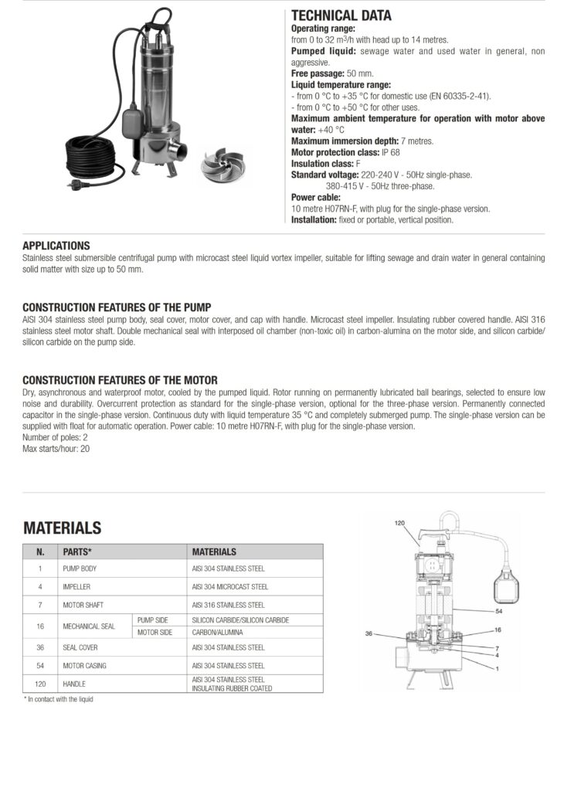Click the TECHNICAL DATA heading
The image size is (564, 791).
click(341, 15)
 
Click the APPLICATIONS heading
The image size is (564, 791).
click(56, 246)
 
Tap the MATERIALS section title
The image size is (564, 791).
click(62, 528)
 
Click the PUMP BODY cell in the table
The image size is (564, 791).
click(80, 569)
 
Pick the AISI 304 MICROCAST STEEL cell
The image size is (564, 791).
click(229, 587)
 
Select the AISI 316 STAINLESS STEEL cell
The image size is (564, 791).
click(228, 605)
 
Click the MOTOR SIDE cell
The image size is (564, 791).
click(155, 633)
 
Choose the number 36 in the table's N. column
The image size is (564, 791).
click(40, 647)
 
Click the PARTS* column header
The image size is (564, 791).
click(77, 552)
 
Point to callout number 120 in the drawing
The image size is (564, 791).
click(399, 523)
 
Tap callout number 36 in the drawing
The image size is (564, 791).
click(370, 633)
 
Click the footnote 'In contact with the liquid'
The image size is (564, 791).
click(59, 699)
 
